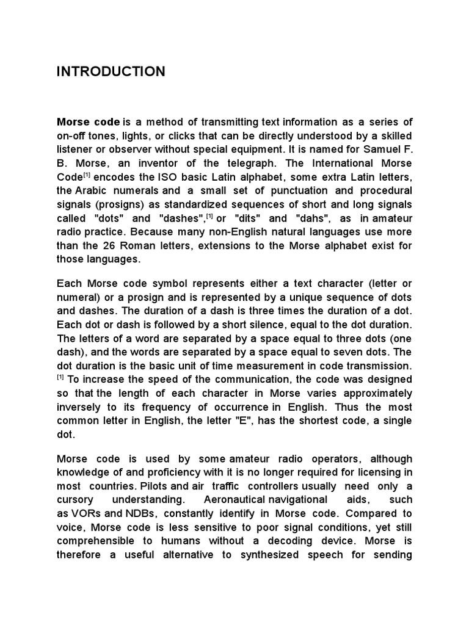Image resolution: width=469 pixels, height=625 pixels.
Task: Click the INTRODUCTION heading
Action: [x=111, y=72]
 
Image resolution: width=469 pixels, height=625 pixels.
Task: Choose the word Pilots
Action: [x=155, y=486]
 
